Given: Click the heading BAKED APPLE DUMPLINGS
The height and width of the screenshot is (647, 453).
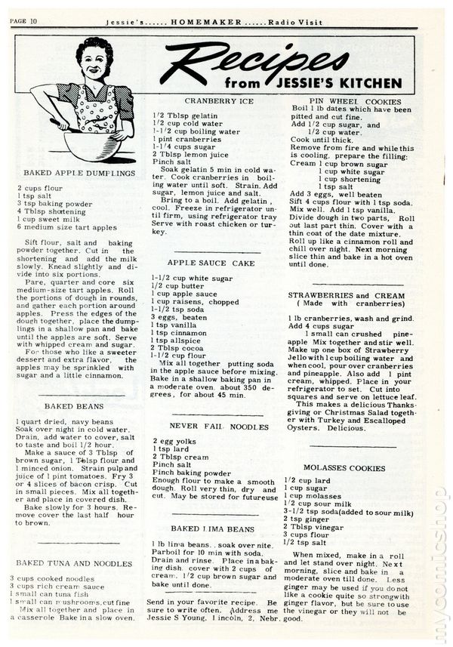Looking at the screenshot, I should [79, 173].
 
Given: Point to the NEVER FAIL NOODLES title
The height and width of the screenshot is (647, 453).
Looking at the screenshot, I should [218, 427].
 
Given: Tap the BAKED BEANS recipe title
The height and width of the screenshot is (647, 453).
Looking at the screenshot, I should [73, 405].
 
